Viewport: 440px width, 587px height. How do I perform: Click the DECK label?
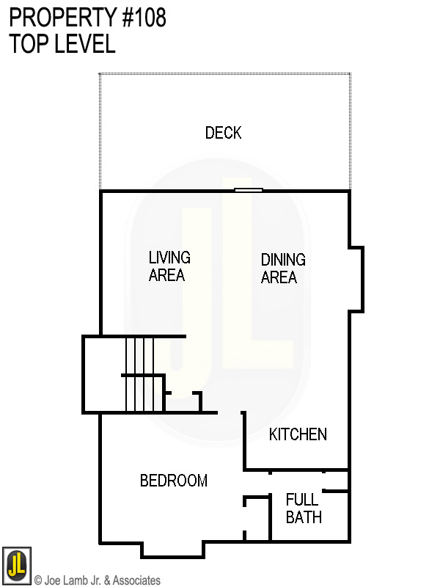(x=223, y=133)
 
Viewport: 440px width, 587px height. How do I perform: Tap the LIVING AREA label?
(x=169, y=266)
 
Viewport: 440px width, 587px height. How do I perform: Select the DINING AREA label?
(x=283, y=269)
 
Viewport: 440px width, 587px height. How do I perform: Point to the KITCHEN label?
(x=298, y=434)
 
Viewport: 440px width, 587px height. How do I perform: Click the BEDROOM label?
(x=173, y=481)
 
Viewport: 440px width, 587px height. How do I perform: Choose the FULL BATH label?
(x=303, y=508)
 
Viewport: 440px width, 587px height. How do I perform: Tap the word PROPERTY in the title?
(x=59, y=18)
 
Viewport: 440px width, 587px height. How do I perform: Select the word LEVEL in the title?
(x=84, y=43)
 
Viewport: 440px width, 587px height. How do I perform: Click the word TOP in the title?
(x=27, y=43)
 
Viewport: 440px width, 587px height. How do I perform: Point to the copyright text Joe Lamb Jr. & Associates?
(x=98, y=580)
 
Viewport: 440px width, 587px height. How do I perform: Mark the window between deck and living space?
(x=248, y=191)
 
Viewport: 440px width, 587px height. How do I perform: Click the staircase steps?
(x=140, y=374)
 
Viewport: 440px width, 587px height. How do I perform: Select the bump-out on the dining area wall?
(x=356, y=279)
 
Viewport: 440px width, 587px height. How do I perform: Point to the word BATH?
(x=303, y=517)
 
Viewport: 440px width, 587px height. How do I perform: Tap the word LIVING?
(x=169, y=258)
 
